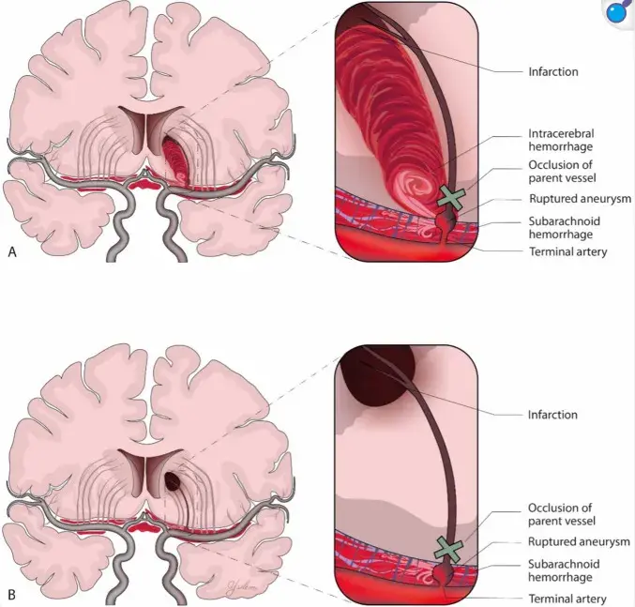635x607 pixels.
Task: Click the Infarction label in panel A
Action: pyautogui.click(x=553, y=71)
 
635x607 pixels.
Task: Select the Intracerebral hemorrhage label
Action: pyautogui.click(x=561, y=140)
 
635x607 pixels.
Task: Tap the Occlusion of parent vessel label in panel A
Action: pyautogui.click(x=562, y=172)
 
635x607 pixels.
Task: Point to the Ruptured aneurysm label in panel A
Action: pyautogui.click(x=580, y=198)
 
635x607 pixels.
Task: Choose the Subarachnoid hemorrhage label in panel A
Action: pyautogui.click(x=564, y=228)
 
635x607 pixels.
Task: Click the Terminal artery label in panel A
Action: pyautogui.click(x=567, y=251)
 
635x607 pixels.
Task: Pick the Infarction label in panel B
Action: pyautogui.click(x=552, y=415)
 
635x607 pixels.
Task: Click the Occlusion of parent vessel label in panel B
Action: pyautogui.click(x=561, y=514)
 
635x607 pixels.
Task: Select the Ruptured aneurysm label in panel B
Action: pyautogui.click(x=579, y=541)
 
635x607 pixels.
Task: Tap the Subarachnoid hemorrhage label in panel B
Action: pyautogui.click(x=564, y=570)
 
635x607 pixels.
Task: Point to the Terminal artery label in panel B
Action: pyautogui.click(x=567, y=599)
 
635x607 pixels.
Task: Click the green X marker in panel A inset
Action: pyautogui.click(x=450, y=198)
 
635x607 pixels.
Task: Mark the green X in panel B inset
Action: pyautogui.click(x=448, y=549)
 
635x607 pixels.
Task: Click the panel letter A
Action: pyautogui.click(x=12, y=251)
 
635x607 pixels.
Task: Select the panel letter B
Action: pyautogui.click(x=12, y=595)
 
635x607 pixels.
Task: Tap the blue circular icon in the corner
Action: pyautogui.click(x=617, y=13)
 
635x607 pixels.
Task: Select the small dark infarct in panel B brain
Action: pyautogui.click(x=173, y=480)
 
